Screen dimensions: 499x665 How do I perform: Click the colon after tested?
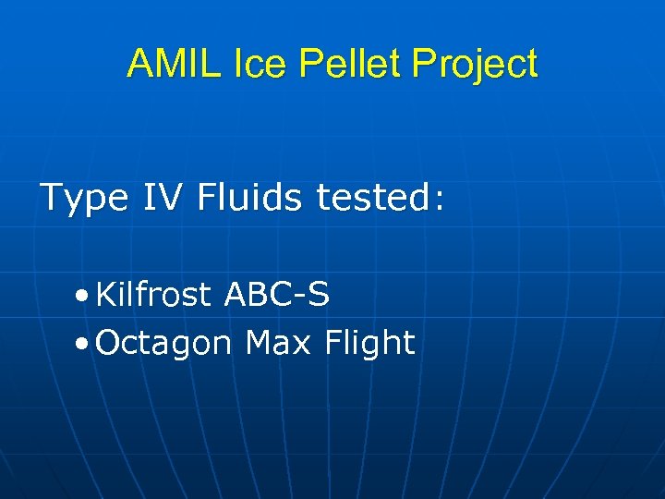(x=439, y=201)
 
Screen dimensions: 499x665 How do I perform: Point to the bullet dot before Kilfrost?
(x=84, y=296)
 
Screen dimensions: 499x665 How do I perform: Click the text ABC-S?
(x=276, y=295)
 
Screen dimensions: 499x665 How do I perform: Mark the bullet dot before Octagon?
(x=84, y=344)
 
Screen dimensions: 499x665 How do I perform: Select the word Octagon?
(x=163, y=344)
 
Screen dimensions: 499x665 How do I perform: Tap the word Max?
(x=279, y=343)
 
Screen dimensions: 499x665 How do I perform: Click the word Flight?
(x=369, y=343)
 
